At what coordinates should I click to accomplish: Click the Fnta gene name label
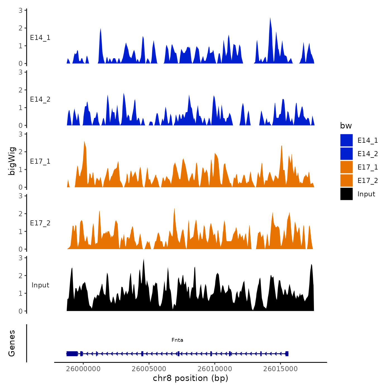tap(177, 340)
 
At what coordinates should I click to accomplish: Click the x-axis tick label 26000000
tap(83, 369)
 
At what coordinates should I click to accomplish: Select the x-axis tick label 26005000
tap(149, 369)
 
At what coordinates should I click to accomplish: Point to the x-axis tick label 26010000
tap(215, 369)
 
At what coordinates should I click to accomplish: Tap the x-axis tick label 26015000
tap(281, 369)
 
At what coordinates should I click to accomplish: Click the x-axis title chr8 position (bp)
tap(190, 378)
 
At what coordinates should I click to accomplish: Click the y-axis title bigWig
tap(12, 161)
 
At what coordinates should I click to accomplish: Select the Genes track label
tap(12, 343)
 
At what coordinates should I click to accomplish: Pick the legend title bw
tap(346, 126)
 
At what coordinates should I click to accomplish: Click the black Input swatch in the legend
tap(346, 194)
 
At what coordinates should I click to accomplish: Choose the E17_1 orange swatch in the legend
tap(346, 167)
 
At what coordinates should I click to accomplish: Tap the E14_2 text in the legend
tap(368, 154)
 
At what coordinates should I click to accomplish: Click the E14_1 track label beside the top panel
tap(40, 38)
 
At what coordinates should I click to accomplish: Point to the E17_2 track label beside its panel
tap(40, 223)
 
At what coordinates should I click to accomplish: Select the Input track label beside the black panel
tap(40, 285)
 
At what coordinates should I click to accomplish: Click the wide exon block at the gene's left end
tap(72, 354)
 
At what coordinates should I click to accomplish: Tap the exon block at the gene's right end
tap(287, 354)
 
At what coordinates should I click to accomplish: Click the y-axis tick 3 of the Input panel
tap(21, 258)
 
